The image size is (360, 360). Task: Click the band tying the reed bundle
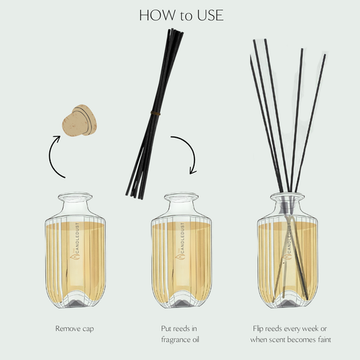coord(156,111)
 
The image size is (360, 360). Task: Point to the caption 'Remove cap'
coord(76,329)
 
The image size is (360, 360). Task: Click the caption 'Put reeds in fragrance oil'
coord(180,334)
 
